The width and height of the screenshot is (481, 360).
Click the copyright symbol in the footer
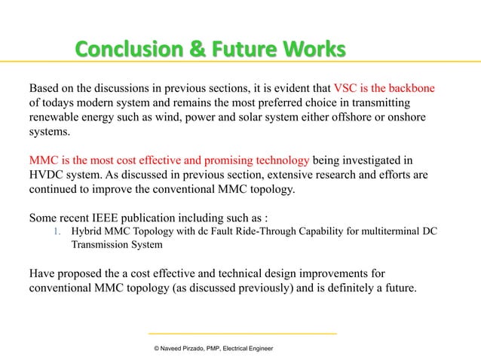[x=155, y=349]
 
